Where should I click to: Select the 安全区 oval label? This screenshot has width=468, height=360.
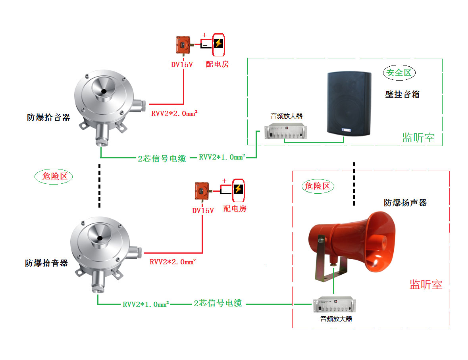click(399, 73)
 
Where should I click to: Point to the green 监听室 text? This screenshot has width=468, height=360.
click(418, 138)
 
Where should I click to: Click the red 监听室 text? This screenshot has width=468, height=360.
click(426, 284)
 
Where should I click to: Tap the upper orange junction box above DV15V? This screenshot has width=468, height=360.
click(182, 45)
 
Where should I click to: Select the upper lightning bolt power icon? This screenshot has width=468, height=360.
click(218, 44)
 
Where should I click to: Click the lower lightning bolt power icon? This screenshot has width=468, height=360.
click(238, 189)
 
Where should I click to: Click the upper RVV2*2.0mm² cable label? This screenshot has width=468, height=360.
click(174, 114)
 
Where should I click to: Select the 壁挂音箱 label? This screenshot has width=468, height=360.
click(402, 94)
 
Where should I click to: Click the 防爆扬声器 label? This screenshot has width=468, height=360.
click(405, 203)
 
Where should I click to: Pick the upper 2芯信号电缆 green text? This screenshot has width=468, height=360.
click(162, 158)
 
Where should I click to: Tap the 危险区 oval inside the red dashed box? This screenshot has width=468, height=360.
click(317, 186)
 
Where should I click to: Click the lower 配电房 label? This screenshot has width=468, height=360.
click(235, 208)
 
